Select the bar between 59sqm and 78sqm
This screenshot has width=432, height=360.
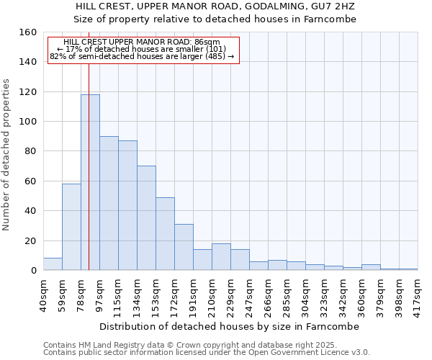click(71, 227)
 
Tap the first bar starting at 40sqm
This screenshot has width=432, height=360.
click(53, 264)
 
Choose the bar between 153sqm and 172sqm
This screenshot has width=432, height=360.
click(165, 233)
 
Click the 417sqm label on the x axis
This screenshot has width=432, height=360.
click(418, 295)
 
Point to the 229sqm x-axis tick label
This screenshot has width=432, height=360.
click(230, 295)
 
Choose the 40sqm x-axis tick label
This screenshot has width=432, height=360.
click(43, 295)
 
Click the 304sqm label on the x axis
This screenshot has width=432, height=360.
click(305, 295)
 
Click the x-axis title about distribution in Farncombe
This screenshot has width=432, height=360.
click(229, 326)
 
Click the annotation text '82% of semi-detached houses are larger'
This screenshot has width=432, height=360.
click(142, 55)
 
